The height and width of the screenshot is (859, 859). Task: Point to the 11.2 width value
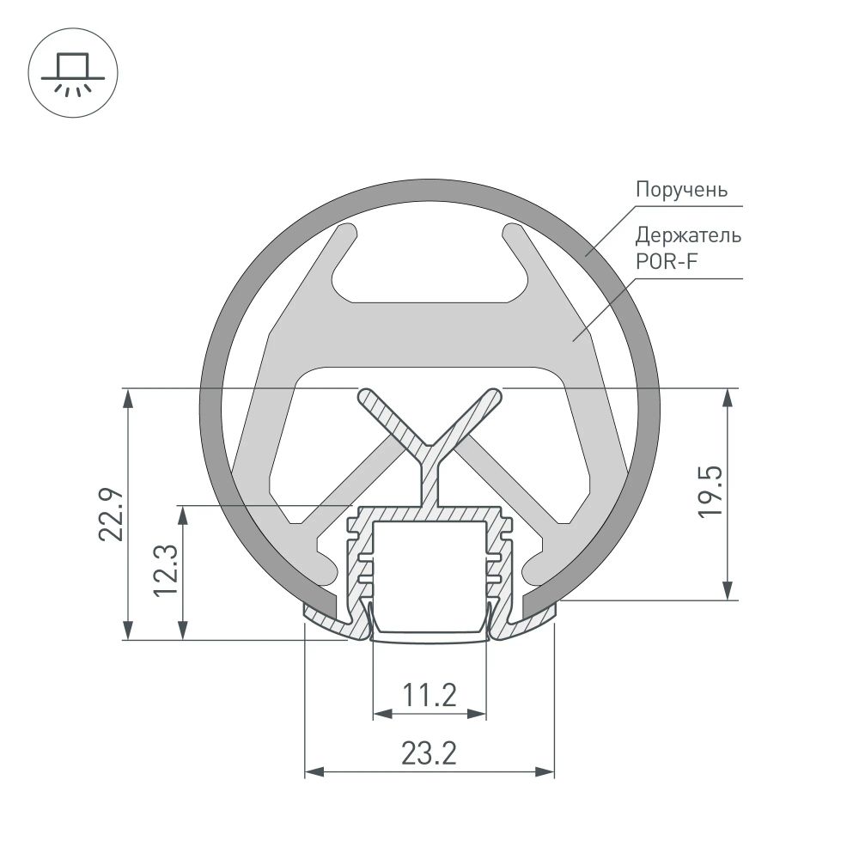429,695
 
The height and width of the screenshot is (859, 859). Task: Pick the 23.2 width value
429,753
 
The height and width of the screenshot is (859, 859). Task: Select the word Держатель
688,235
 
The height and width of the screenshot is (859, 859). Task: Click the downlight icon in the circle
72,73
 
